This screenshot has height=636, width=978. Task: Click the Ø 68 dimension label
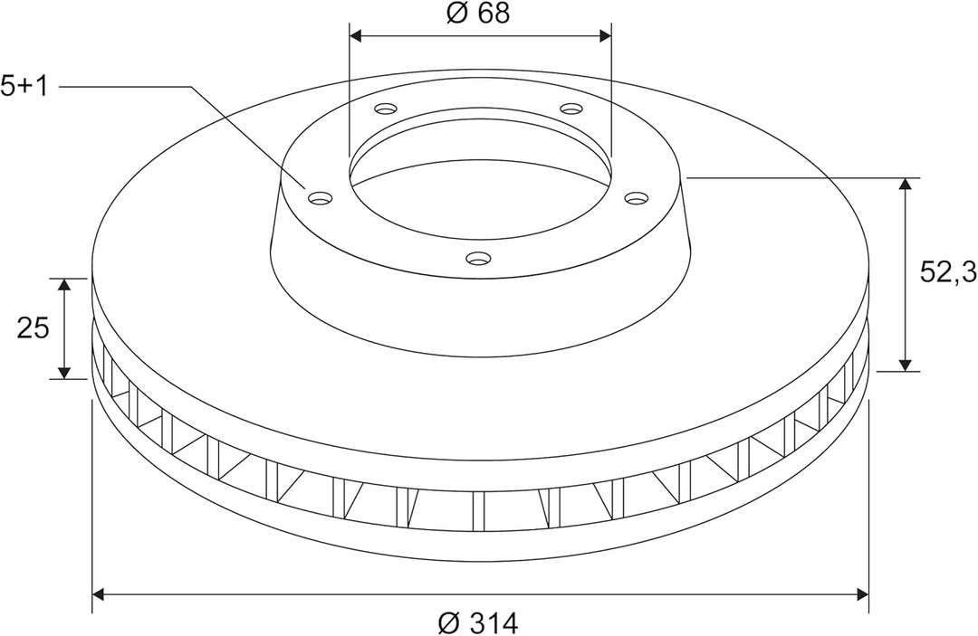tap(478, 13)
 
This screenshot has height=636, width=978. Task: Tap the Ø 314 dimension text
tap(478, 622)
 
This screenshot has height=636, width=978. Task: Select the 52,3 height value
tap(948, 271)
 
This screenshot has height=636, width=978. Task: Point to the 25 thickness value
tap(33, 327)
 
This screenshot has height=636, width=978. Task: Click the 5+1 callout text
tap(24, 87)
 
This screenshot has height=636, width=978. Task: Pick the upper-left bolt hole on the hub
tap(386, 109)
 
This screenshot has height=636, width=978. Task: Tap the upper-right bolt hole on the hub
tap(570, 109)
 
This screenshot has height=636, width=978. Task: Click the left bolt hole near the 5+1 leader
tap(321, 199)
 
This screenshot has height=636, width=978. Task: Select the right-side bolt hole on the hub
tap(637, 198)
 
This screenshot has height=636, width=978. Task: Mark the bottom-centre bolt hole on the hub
tap(479, 257)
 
